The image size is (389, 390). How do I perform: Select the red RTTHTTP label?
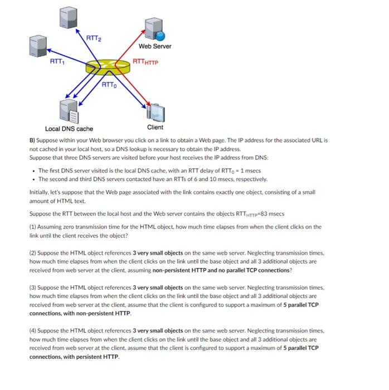coord(145,62)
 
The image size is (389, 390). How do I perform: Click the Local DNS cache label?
coord(69,129)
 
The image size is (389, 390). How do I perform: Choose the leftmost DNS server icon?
coord(40,46)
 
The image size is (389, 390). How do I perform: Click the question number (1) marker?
coord(33,227)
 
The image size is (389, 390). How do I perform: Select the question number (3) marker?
coord(33,287)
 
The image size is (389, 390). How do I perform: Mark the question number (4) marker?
coord(33,331)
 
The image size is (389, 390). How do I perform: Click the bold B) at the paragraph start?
coord(32,140)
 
